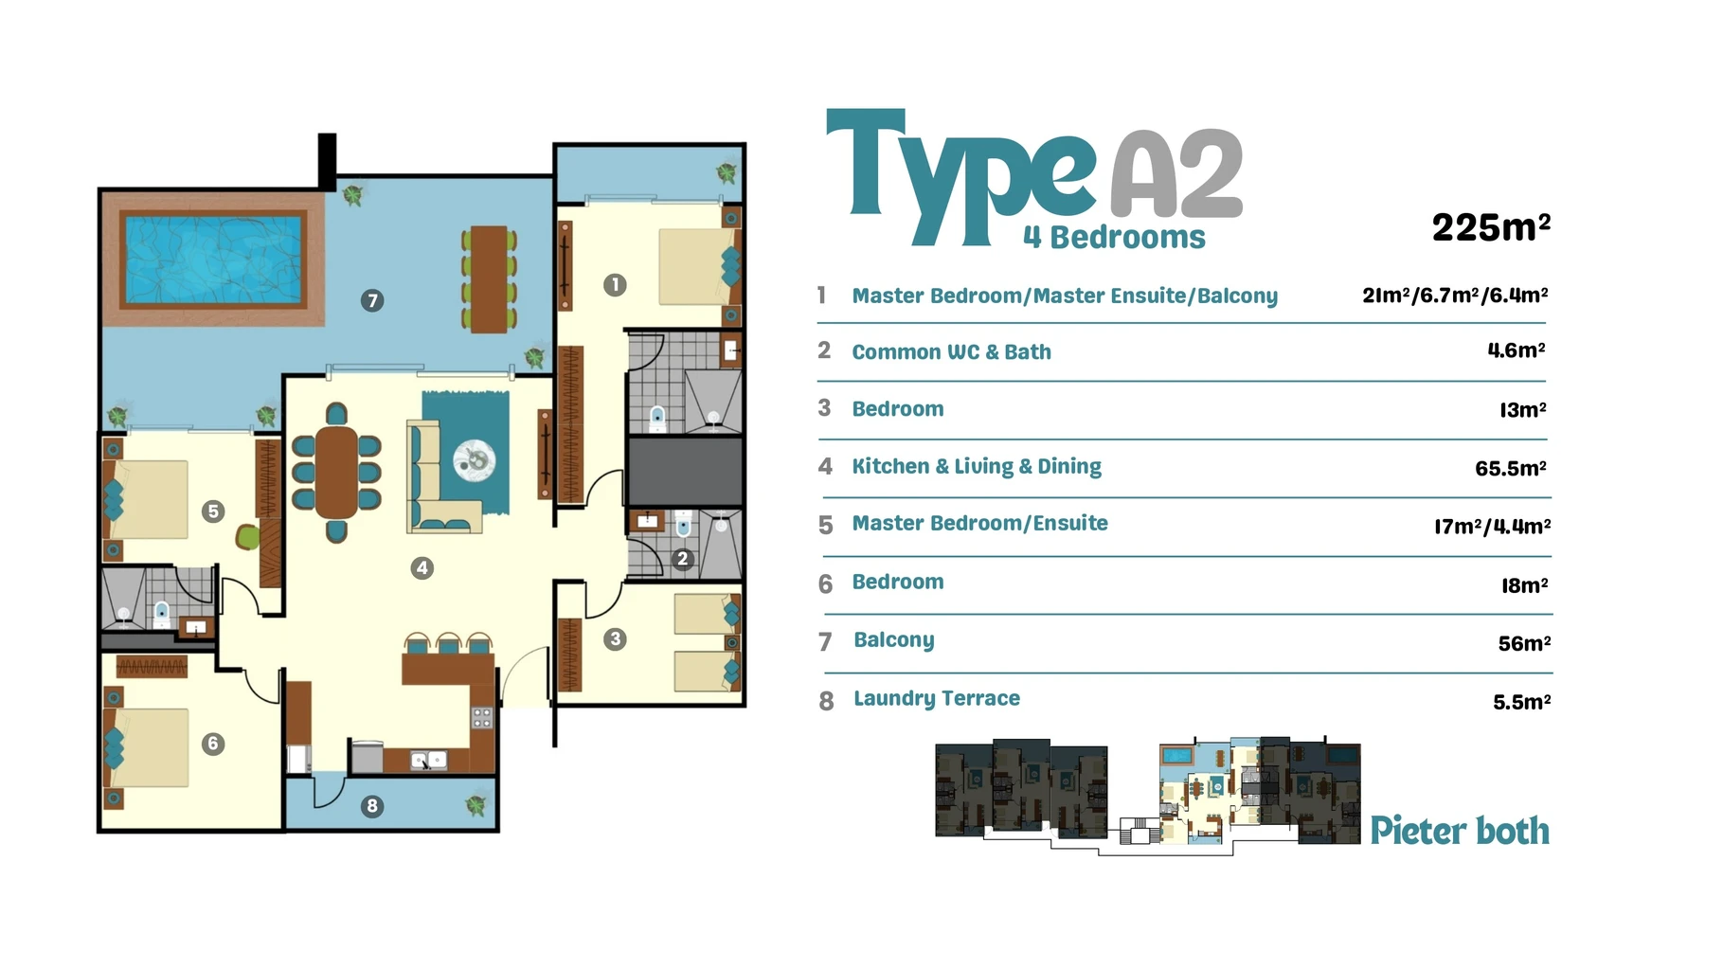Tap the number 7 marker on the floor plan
coord(372,301)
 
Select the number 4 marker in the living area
coord(422,568)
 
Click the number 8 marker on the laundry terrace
coord(372,806)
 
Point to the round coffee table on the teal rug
coord(475,460)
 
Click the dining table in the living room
coord(336,473)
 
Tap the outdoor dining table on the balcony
coord(489,278)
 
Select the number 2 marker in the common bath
coord(682,559)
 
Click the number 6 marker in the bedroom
coord(212,744)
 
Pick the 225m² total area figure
coord(1491,227)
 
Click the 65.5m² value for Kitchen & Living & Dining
coord(1510,468)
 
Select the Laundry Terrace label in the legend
coord(937,699)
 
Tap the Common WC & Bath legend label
coord(951,352)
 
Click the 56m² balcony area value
coord(1524,643)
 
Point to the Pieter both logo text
coord(1460,831)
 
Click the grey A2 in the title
coord(1176,173)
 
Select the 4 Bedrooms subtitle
coord(1114,237)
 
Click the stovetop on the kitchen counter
coord(482,717)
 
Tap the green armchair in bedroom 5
coord(247,537)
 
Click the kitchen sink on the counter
coord(428,760)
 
